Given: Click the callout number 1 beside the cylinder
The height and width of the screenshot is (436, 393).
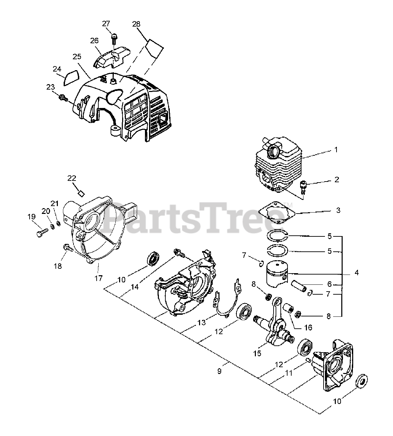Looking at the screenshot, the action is tap(336, 150).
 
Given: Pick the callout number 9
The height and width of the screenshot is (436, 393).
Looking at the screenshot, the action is tap(219, 371).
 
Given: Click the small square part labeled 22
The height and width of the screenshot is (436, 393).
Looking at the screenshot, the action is tap(81, 193).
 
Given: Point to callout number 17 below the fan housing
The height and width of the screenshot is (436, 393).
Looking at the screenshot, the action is tap(98, 278).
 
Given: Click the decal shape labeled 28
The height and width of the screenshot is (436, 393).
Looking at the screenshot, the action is tap(153, 47).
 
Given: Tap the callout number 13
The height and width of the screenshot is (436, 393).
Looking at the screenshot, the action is tap(202, 322).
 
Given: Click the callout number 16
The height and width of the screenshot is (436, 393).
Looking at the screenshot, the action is tap(308, 328).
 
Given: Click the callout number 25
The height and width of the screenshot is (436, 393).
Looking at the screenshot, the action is tap(77, 56).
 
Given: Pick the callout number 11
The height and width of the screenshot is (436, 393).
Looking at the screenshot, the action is tap(288, 373).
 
